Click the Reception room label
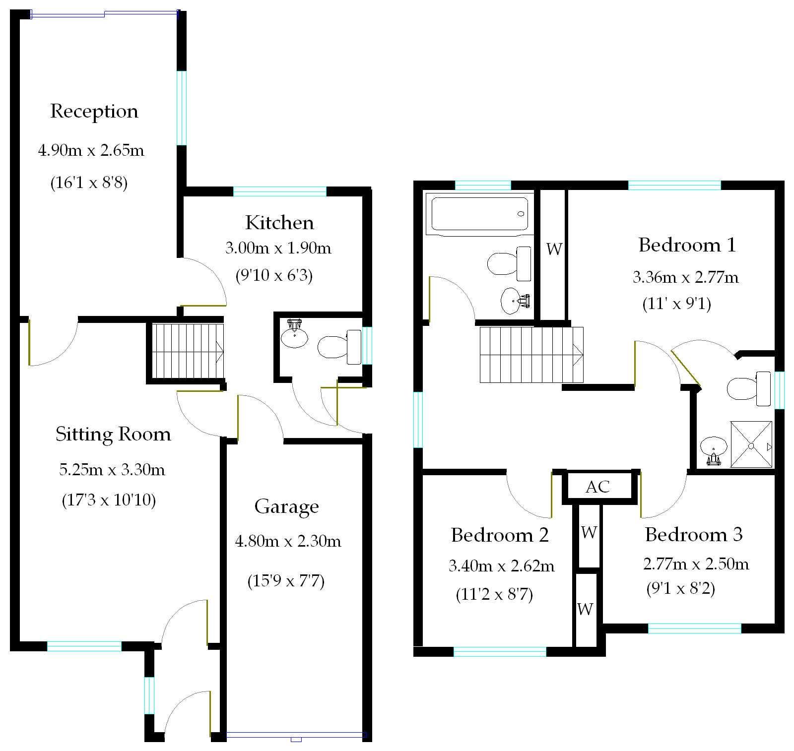pos(94,111)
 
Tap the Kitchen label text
pos(279,223)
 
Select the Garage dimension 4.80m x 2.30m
pos(288,541)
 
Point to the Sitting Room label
pos(113,434)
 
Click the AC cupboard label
pos(597,487)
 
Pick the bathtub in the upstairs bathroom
pos(479,213)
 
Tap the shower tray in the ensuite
pos(751,444)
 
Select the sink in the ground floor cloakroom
pos(294,335)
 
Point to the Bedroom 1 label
pos(687,245)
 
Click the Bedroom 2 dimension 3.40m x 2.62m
pos(502,566)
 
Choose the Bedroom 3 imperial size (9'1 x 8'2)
pos(681,589)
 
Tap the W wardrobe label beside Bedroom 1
pos(554,249)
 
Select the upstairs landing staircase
pos(531,355)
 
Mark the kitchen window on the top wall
pos(280,191)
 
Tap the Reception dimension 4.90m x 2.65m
pos(91,150)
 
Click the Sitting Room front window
pos(84,646)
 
